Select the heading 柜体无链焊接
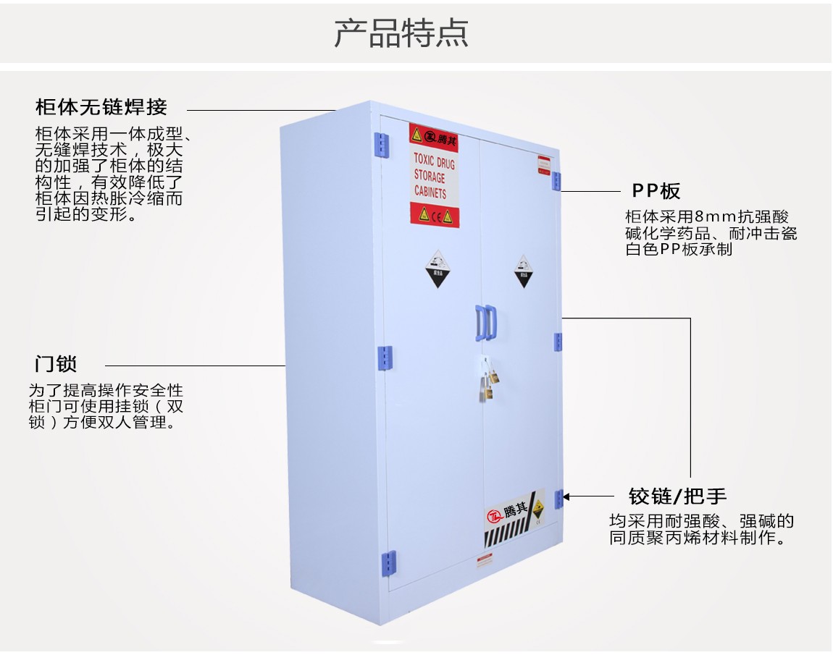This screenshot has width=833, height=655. pyautogui.click(x=101, y=108)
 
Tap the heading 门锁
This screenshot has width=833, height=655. pyautogui.click(x=56, y=363)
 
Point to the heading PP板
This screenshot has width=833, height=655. pyautogui.click(x=656, y=191)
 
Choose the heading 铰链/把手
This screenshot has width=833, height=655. pyautogui.click(x=677, y=496)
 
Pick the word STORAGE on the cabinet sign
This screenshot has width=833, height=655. pyautogui.click(x=430, y=176)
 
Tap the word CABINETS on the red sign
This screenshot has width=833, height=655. pyautogui.click(x=430, y=193)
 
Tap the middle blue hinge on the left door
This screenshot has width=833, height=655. pyautogui.click(x=385, y=355)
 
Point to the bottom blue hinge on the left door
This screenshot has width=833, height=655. pyautogui.click(x=389, y=562)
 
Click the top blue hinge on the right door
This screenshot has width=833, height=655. pyautogui.click(x=556, y=181)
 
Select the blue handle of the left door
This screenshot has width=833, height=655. pyautogui.click(x=480, y=323)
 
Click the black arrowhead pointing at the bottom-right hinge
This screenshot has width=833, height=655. pyautogui.click(x=566, y=496)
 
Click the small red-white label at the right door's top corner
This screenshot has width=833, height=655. pyautogui.click(x=544, y=164)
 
